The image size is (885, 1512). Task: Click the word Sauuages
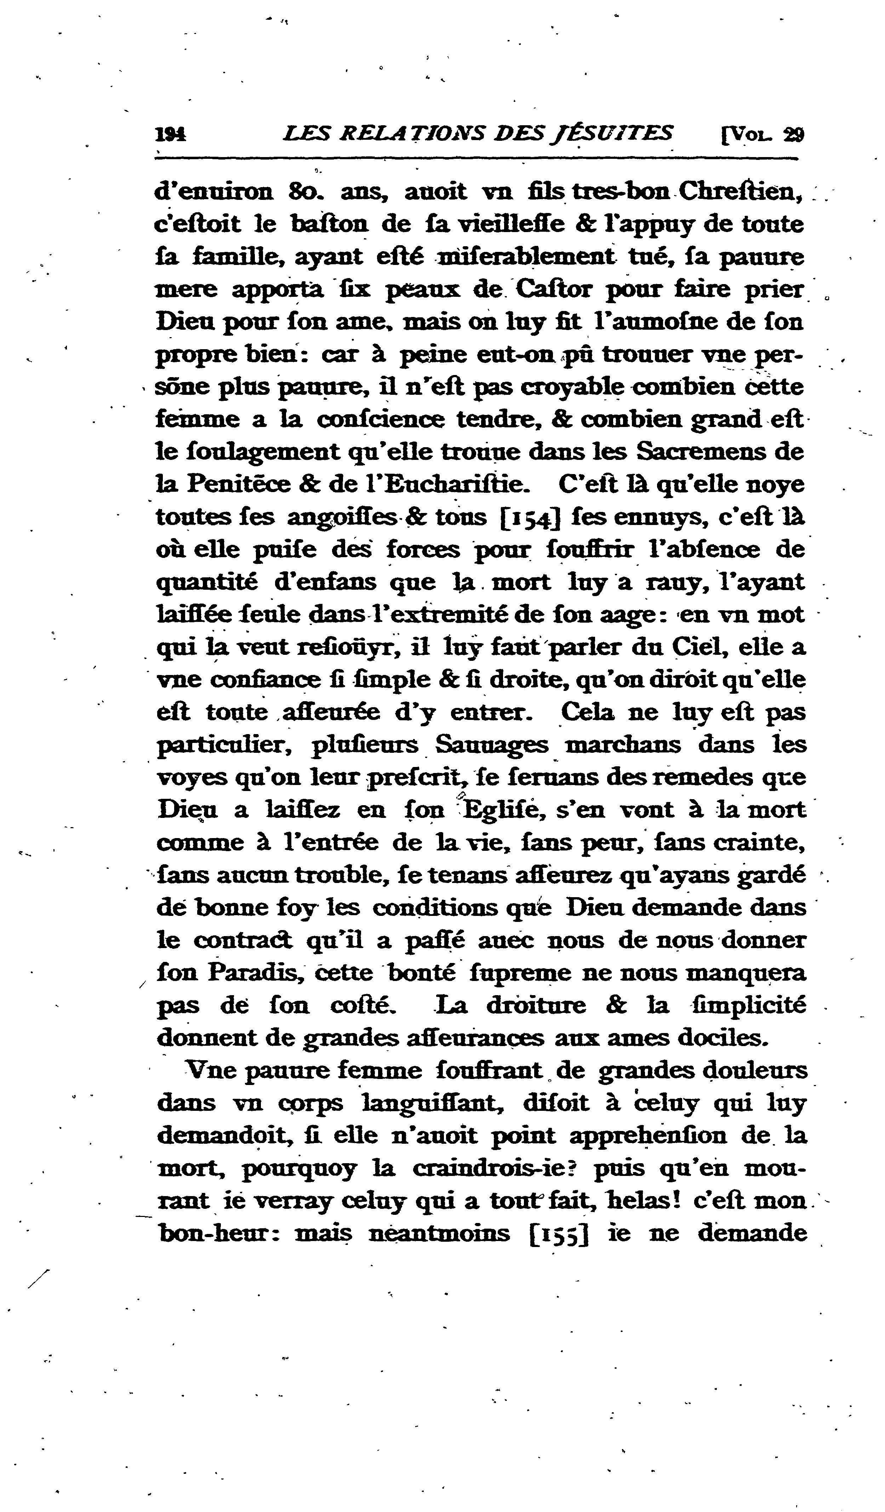(x=491, y=745)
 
